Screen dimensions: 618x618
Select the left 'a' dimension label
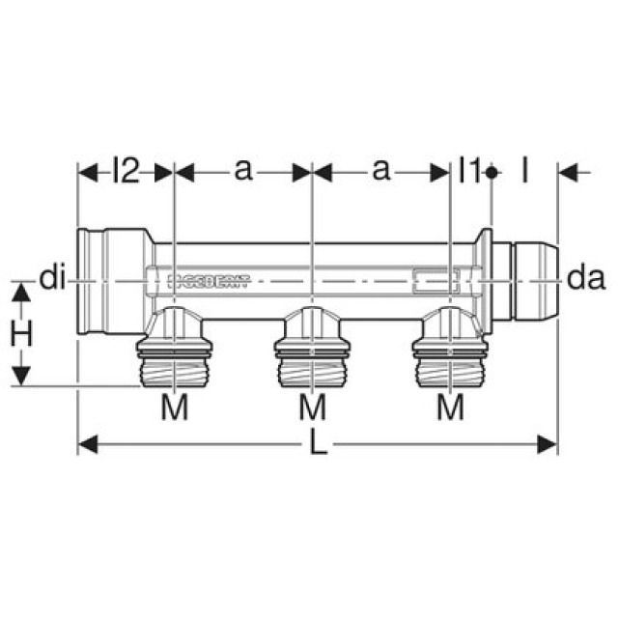[x=242, y=171]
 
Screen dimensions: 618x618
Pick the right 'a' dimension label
[x=381, y=171]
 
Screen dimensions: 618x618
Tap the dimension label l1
[x=468, y=171]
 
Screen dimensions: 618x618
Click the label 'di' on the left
[x=52, y=279]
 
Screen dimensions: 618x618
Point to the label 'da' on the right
[x=585, y=279]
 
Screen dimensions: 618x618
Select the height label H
[x=22, y=334]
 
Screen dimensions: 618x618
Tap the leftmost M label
[x=174, y=408]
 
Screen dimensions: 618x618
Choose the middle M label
[x=312, y=408]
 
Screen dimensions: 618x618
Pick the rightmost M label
[x=450, y=408]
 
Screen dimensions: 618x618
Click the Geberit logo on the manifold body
[x=209, y=281]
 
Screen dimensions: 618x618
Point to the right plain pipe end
[x=529, y=280]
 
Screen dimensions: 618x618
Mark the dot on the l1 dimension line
[x=492, y=172]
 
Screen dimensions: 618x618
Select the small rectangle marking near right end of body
[x=434, y=282]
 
